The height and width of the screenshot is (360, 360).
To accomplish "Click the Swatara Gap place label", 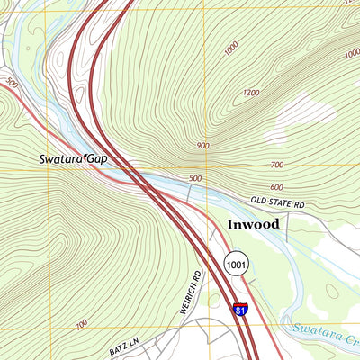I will (x=73, y=158).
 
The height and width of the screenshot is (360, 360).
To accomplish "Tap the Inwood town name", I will (x=253, y=223).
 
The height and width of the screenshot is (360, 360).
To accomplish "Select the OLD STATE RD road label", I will (x=277, y=202).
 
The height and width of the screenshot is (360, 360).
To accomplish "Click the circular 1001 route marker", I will (x=236, y=264).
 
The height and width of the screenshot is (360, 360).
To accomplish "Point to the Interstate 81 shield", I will (x=239, y=310).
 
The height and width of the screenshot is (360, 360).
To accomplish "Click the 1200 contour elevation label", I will (x=250, y=93).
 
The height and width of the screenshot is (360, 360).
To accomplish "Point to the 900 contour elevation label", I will (x=202, y=145).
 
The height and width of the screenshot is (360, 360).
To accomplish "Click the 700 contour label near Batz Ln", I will (x=81, y=324).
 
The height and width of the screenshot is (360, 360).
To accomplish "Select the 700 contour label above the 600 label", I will (x=276, y=166).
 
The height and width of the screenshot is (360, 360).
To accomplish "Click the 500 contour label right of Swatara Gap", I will (x=195, y=178).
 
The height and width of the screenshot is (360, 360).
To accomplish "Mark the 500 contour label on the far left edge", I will (x=12, y=83).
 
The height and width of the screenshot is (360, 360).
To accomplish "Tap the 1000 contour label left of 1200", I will (x=231, y=47).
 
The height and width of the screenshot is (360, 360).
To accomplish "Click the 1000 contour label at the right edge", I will (x=351, y=54).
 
